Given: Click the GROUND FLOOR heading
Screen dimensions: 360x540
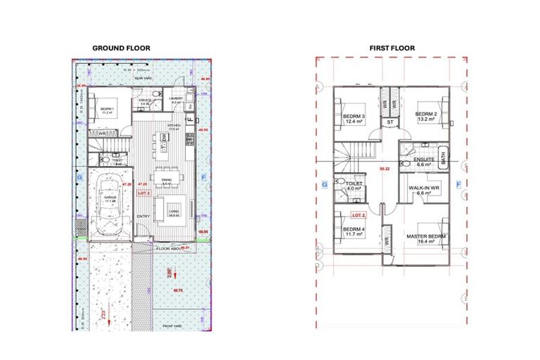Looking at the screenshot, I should pyautogui.click(x=121, y=49).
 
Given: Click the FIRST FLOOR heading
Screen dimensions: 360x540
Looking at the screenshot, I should pyautogui.click(x=392, y=49).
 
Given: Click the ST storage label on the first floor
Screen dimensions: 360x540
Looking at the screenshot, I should pyautogui.click(x=390, y=122).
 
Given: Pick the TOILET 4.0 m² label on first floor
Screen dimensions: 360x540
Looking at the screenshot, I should pyautogui.click(x=353, y=184).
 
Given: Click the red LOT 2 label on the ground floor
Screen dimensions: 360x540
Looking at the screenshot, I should pyautogui.click(x=143, y=192).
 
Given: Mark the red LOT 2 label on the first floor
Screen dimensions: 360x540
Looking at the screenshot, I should pyautogui.click(x=359, y=214).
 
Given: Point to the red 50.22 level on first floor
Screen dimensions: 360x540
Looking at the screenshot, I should pyautogui.click(x=384, y=169).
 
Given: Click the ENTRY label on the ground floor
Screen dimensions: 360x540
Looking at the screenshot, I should pyautogui.click(x=143, y=216).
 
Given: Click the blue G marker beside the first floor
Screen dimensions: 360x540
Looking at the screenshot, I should pyautogui.click(x=324, y=184).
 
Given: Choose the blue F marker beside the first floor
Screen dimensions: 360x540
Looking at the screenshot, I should pyautogui.click(x=458, y=184).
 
